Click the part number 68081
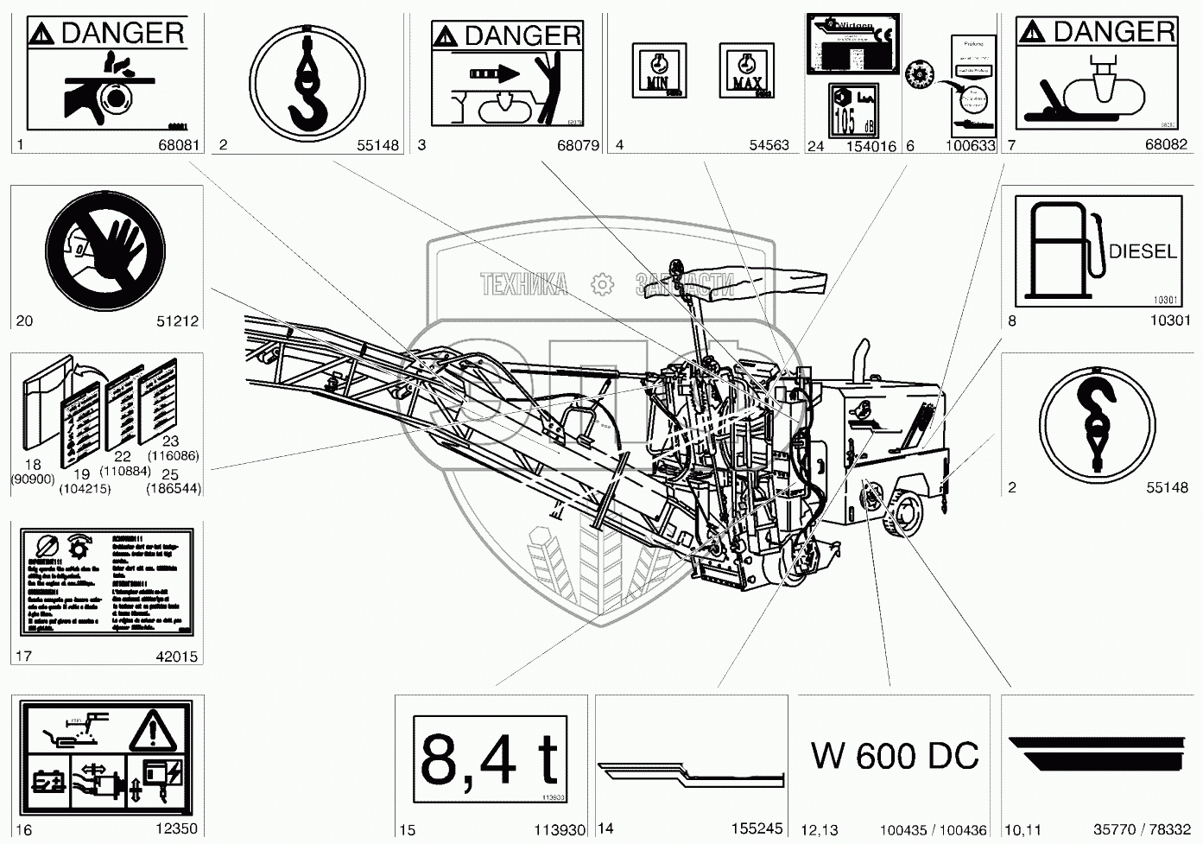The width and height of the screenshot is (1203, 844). coord(179,145)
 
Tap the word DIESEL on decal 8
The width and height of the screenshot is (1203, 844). coord(1142,251)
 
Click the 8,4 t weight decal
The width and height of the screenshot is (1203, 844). coord(490,760)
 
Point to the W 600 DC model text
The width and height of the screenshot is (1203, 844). coord(895,756)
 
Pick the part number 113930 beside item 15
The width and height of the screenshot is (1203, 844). coord(560,829)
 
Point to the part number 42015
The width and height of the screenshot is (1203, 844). coord(176,657)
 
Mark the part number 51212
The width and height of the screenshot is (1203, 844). coord(177,320)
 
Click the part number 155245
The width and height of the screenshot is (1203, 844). coord(756,828)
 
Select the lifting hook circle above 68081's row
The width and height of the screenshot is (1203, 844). coord(307,80)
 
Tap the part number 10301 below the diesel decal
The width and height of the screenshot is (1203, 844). coord(1170,320)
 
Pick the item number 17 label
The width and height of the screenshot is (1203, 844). coord(23,657)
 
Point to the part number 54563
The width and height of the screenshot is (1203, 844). coord(769,145)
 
